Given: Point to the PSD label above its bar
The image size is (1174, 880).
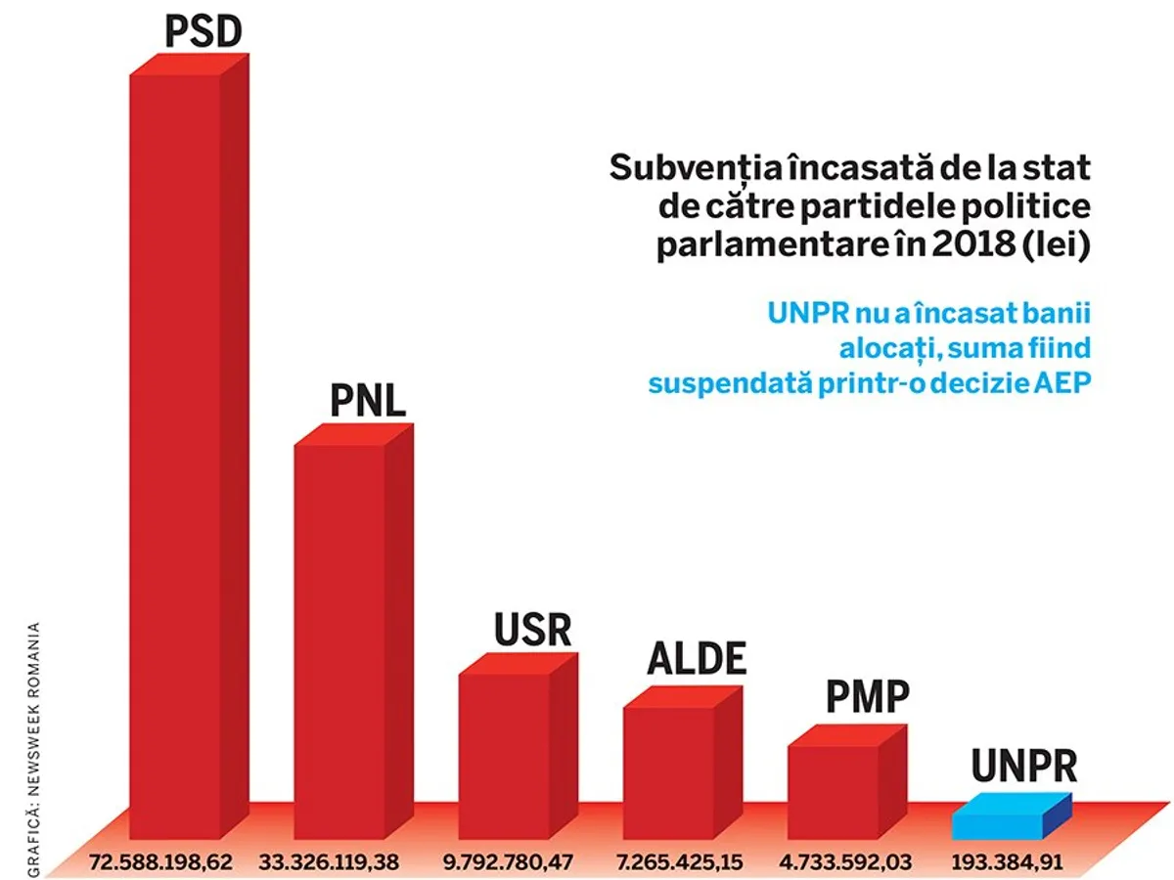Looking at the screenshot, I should (203, 32).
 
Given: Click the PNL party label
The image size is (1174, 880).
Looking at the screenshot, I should (368, 401).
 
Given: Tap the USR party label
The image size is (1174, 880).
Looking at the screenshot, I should (532, 631).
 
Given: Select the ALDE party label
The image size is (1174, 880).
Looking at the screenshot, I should (697, 661).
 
